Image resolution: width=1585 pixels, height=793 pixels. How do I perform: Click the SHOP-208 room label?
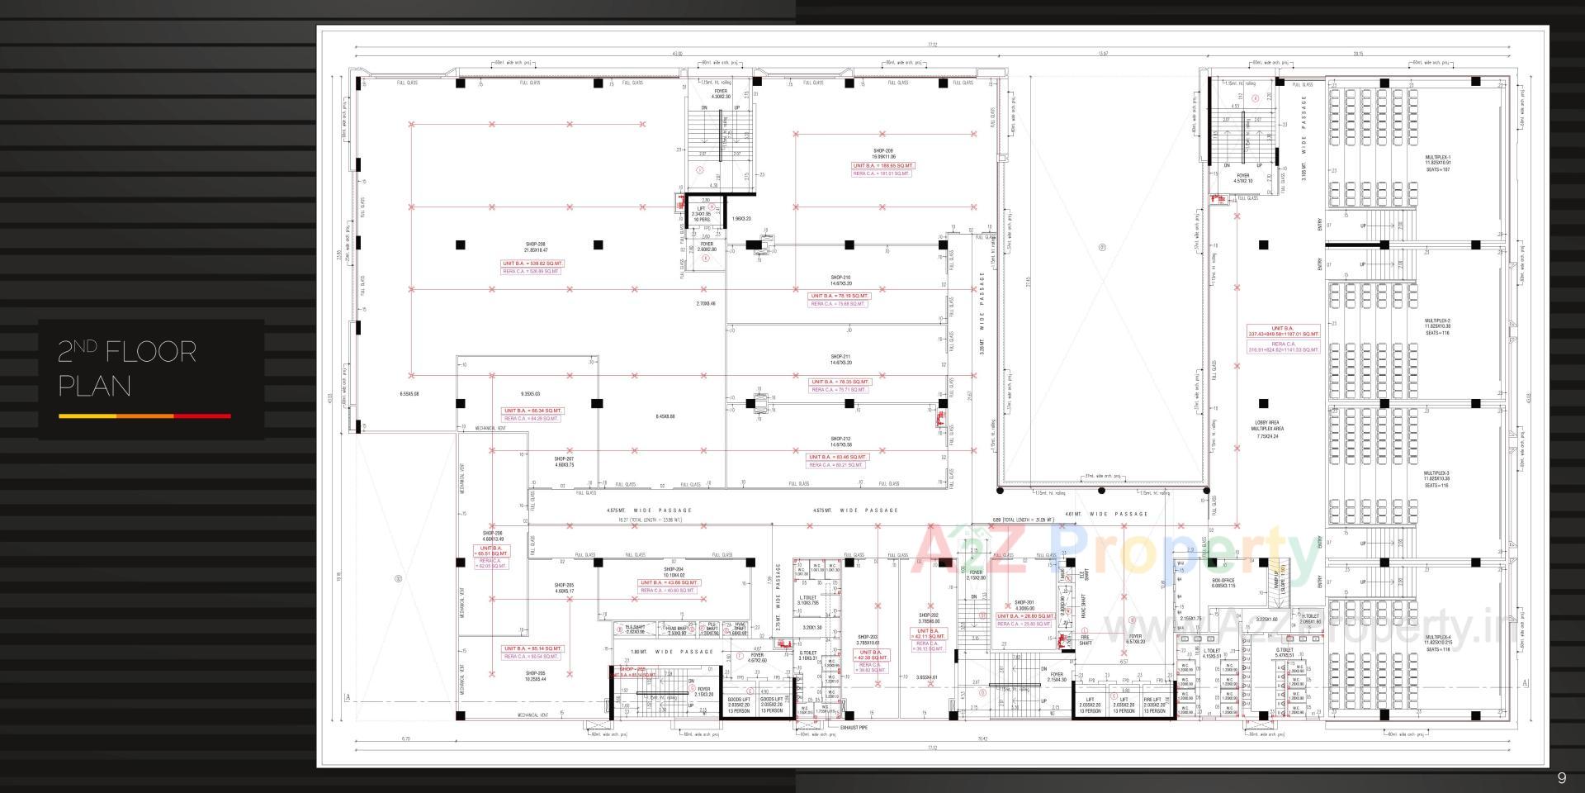(x=535, y=245)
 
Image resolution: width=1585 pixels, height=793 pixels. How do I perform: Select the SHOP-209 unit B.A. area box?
(x=882, y=166)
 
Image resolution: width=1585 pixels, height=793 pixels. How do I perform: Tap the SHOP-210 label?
(x=840, y=278)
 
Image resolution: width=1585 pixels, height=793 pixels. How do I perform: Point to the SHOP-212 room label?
(x=840, y=439)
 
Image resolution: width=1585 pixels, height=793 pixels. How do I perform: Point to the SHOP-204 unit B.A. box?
(x=669, y=582)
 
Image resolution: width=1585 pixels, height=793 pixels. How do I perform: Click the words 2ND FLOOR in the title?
(x=127, y=353)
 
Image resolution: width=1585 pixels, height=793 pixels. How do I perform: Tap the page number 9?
(x=1561, y=778)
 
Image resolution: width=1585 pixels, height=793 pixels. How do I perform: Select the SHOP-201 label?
(x=1024, y=603)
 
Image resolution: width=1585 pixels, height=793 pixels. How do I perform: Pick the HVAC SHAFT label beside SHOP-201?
(x=1084, y=605)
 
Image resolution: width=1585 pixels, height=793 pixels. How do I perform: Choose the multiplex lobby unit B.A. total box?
(x=1283, y=331)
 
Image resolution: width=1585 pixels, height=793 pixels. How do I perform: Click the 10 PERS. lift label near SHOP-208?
(x=702, y=219)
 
